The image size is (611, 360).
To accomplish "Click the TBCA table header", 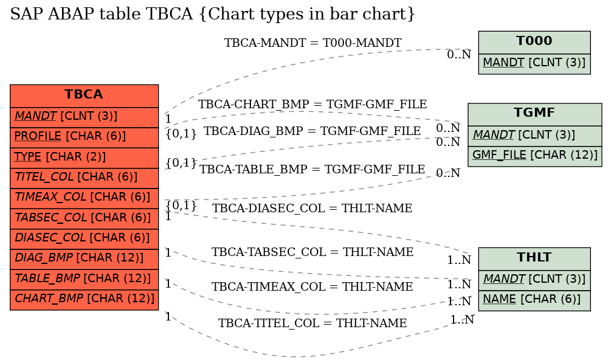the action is click(84, 95).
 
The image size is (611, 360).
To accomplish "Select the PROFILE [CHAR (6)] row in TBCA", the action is click(84, 136).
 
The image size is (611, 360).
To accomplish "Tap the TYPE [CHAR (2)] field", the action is click(84, 157).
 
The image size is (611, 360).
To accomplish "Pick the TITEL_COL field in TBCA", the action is click(84, 177).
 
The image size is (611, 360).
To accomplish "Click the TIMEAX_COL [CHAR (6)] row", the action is click(84, 197).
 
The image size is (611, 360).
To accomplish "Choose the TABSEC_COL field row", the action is click(84, 218).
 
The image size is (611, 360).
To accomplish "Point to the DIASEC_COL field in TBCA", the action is click(84, 238).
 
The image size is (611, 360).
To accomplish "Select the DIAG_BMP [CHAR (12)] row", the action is click(84, 258).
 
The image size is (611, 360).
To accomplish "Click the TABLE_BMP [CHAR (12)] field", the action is click(84, 278).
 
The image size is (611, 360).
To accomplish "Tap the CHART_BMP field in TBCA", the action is click(84, 299).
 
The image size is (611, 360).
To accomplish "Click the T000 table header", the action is click(534, 41).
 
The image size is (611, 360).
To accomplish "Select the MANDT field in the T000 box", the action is click(534, 63).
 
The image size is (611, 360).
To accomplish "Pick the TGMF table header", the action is click(534, 113).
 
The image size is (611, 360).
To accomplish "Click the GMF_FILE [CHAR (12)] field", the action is click(534, 155).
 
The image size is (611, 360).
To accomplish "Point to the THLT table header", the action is click(534, 257).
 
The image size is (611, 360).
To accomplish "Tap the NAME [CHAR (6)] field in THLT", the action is click(534, 299).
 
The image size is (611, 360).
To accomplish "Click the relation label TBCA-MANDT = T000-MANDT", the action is click(312, 43).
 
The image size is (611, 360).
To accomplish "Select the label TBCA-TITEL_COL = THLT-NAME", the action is click(312, 323).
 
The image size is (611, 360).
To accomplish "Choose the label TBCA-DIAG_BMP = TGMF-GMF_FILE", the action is click(312, 131).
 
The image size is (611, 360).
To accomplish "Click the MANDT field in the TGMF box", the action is click(534, 135).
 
